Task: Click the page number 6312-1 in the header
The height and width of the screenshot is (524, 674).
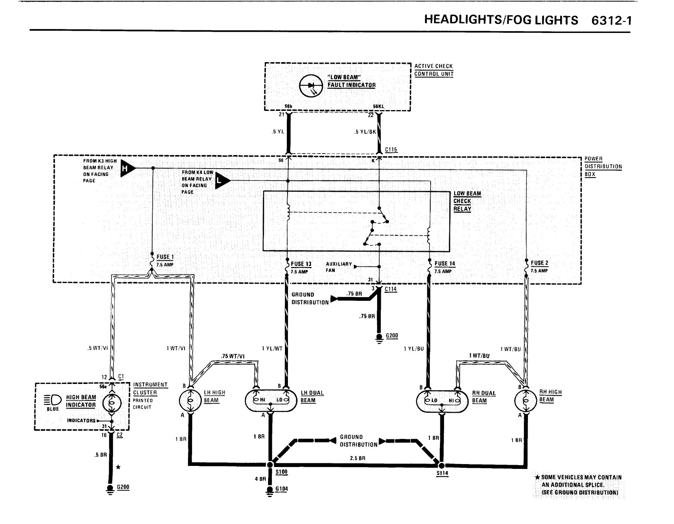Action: point(611,20)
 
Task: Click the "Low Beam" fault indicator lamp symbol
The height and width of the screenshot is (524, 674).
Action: point(311,85)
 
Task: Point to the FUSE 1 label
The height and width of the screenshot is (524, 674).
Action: point(165,257)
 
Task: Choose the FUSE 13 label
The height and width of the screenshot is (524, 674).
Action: point(301,264)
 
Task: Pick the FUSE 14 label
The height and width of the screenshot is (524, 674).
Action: point(444,264)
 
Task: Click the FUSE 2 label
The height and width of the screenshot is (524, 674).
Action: point(539,263)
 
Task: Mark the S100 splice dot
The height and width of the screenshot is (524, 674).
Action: point(270,465)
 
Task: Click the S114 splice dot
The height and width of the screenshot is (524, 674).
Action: point(441,466)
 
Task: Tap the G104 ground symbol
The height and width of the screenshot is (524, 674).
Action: point(270,491)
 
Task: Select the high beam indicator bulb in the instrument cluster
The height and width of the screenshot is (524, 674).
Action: point(111,403)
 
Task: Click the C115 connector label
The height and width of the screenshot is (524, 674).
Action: point(391,150)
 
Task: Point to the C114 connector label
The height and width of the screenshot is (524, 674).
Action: point(391,289)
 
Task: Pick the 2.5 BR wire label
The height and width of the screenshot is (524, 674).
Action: point(358,458)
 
